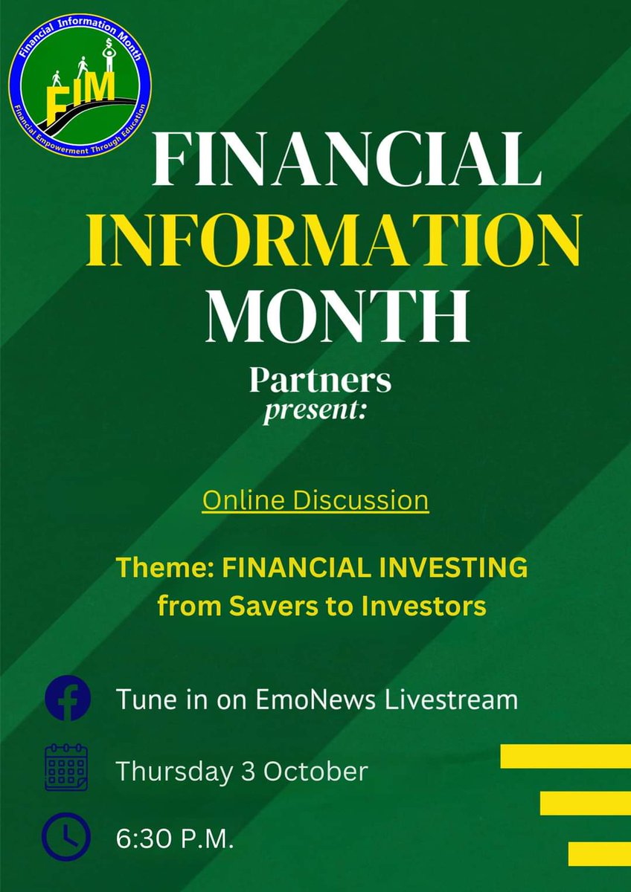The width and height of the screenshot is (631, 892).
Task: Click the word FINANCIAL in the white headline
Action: pos(344,159)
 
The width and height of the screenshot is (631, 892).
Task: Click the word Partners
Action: pos(320,381)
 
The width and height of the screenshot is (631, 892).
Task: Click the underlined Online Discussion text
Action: pos(315,500)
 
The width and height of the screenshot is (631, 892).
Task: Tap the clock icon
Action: pos(67,838)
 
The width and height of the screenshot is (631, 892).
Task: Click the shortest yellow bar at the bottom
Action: pos(599,853)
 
